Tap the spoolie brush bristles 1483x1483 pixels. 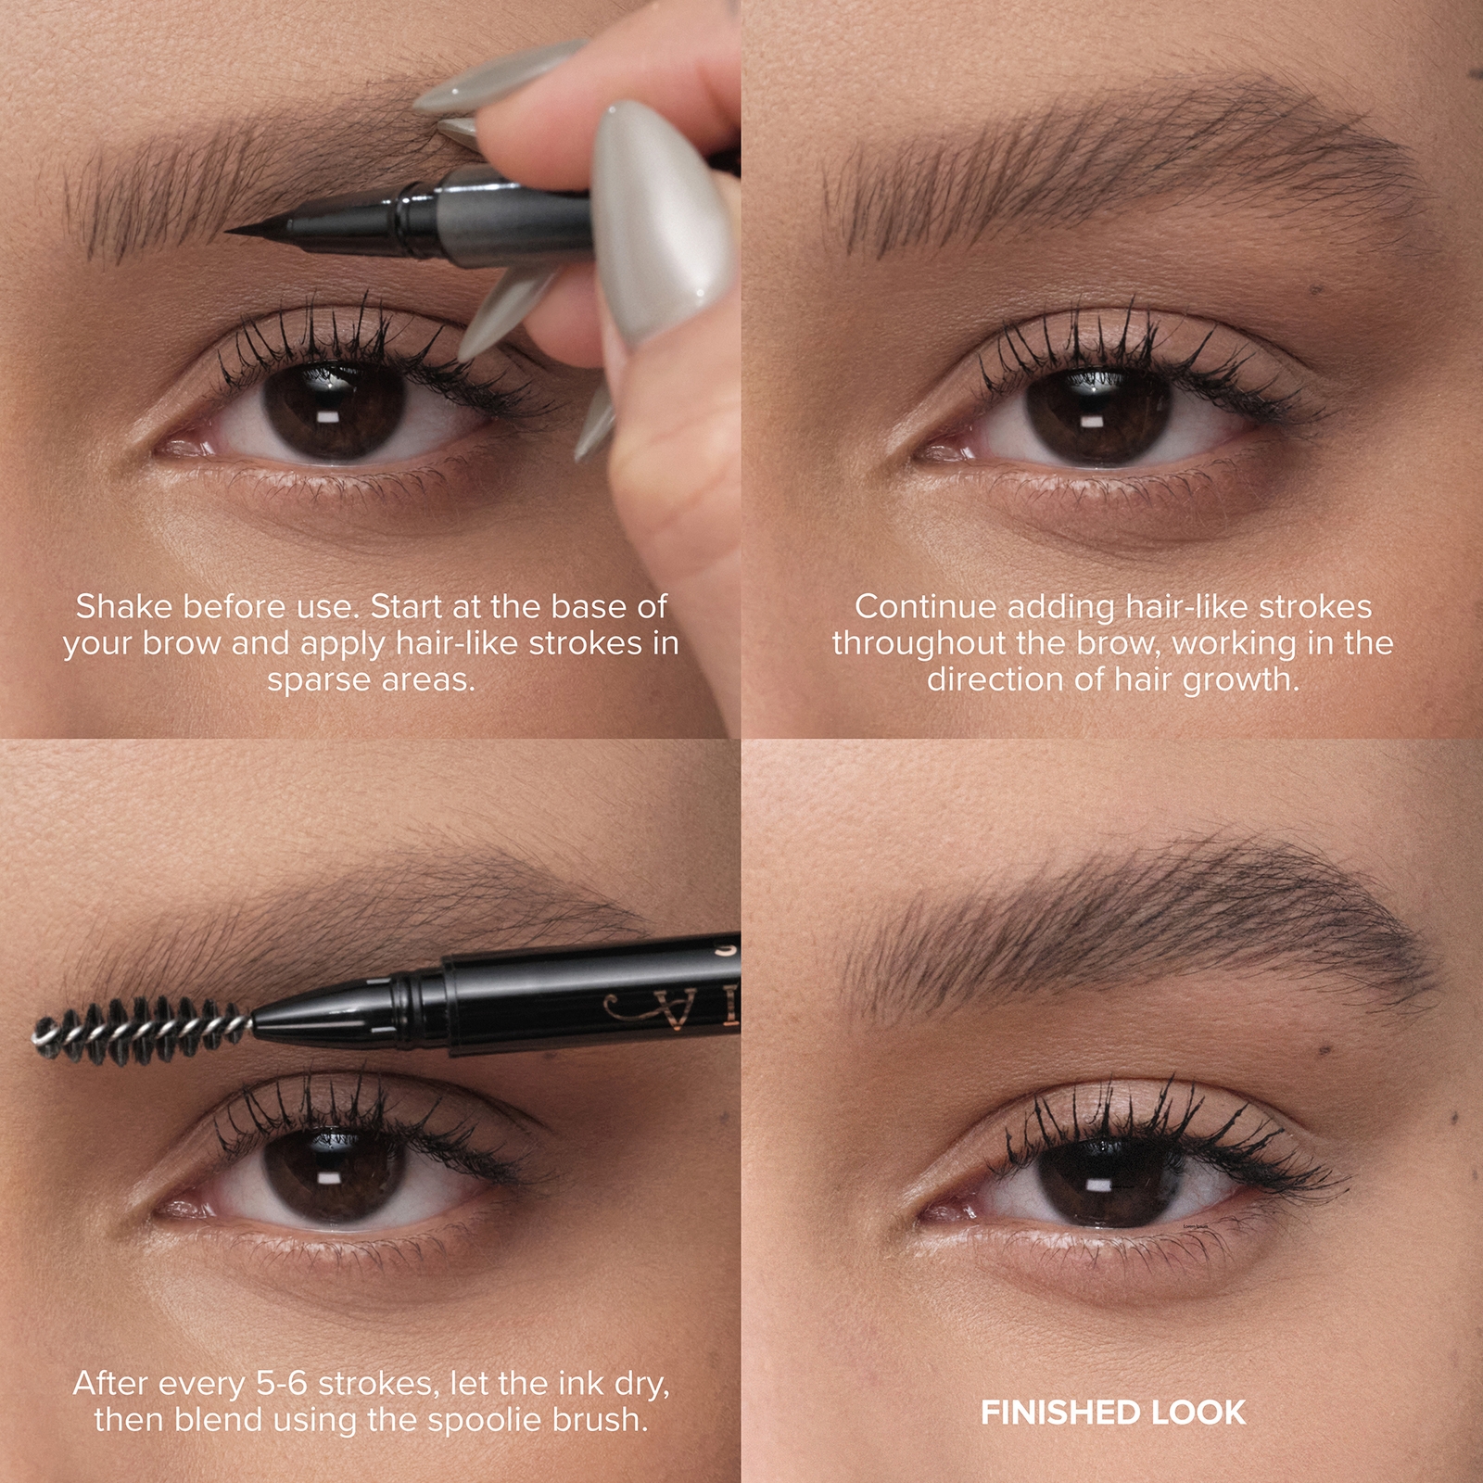(139, 1030)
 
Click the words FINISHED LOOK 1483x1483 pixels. (1112, 1413)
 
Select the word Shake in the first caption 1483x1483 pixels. (124, 607)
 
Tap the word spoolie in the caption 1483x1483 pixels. (450, 1420)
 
